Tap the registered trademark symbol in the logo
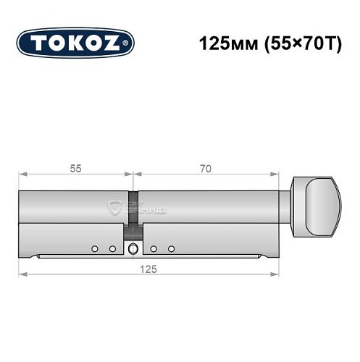[x=129, y=43]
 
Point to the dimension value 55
[x=75, y=168]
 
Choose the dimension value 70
[x=206, y=168]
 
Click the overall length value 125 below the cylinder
[x=150, y=267]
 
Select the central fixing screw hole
[x=133, y=250]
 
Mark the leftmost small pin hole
[x=94, y=249]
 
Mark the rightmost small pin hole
[x=172, y=249]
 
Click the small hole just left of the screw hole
[x=112, y=249]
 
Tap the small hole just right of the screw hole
[x=154, y=249]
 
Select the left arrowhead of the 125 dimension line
[x=22, y=274]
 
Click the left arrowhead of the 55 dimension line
[x=22, y=174]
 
